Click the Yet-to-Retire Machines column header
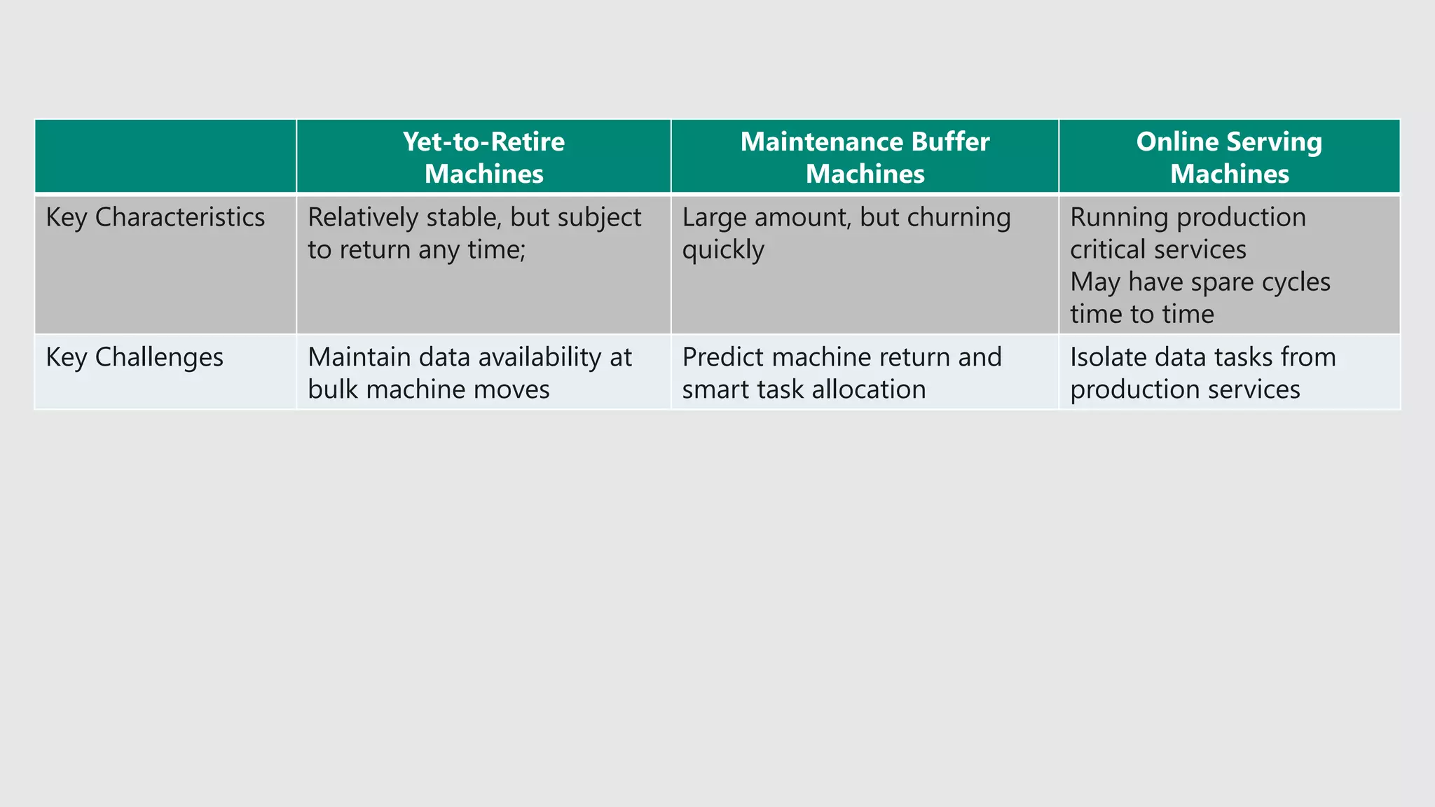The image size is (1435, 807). click(x=483, y=157)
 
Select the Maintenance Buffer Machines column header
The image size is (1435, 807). click(x=865, y=157)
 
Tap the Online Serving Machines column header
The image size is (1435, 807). click(x=1229, y=157)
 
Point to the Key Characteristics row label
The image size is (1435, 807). click(x=155, y=217)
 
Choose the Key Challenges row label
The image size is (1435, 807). click(x=135, y=357)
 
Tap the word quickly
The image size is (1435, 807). click(x=722, y=250)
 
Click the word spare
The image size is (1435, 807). click(x=1222, y=282)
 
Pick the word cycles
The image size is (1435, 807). click(x=1296, y=282)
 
